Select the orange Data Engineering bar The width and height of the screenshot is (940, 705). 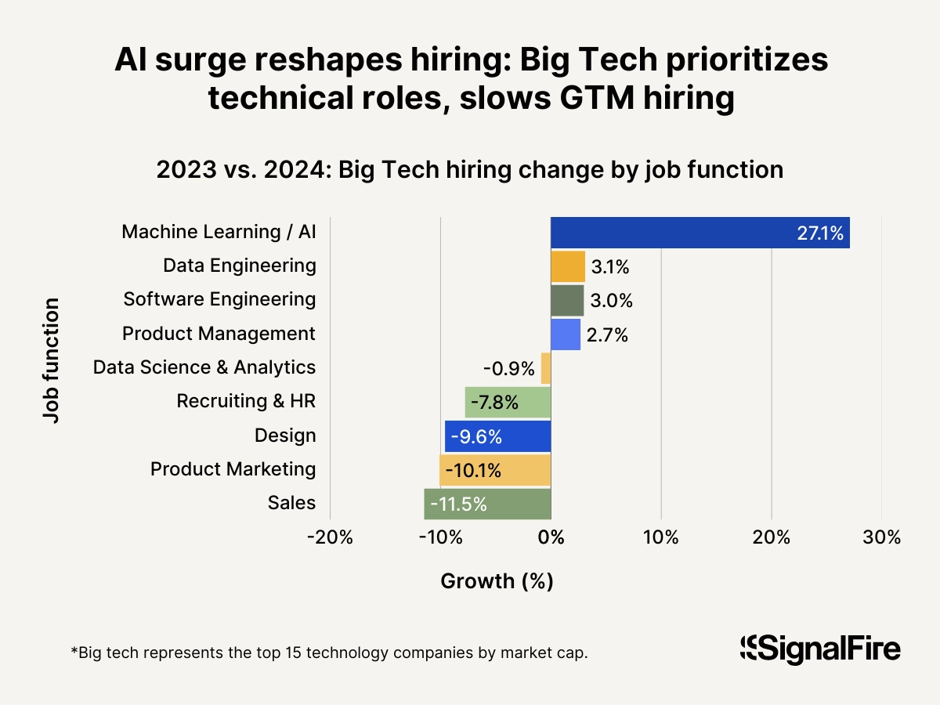click(568, 266)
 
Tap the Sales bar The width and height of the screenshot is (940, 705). click(487, 504)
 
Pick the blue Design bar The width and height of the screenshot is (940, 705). click(497, 436)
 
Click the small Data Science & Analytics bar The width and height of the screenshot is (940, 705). click(546, 368)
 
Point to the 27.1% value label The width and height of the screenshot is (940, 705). click(819, 233)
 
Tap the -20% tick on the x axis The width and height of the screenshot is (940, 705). click(329, 538)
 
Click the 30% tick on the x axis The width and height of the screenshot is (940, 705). click(881, 538)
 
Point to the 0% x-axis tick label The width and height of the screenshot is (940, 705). click(551, 538)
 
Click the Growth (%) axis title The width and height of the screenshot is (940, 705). click(497, 581)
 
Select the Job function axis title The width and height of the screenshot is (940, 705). click(51, 360)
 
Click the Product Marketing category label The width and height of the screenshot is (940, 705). click(233, 469)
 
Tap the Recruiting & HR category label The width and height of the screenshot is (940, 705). click(246, 402)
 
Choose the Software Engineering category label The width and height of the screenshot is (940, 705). click(219, 299)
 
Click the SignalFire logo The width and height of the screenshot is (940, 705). click(820, 649)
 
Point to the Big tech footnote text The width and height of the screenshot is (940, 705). click(329, 653)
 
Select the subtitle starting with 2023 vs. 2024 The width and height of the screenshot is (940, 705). click(470, 170)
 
